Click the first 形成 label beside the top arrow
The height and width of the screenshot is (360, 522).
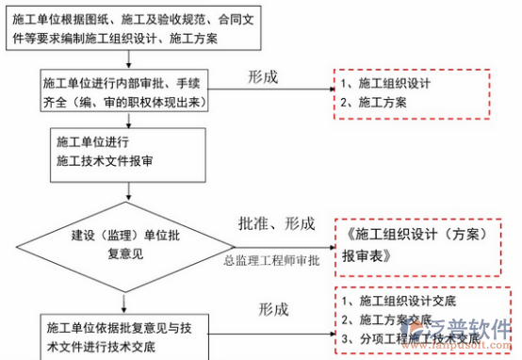pyautogui.click(x=263, y=76)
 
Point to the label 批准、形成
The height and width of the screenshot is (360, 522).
pyautogui.click(x=276, y=223)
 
